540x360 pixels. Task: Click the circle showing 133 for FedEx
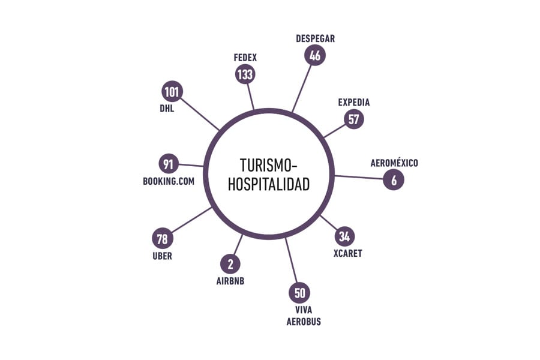(245, 74)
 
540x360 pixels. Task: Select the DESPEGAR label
(315, 38)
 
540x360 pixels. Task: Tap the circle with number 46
(315, 55)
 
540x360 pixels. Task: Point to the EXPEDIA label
(353, 103)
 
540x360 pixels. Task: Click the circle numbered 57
(353, 119)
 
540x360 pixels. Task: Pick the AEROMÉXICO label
(394, 163)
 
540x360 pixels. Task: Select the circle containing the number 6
(393, 179)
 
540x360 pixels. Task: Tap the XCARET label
(347, 253)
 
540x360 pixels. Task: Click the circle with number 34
(344, 236)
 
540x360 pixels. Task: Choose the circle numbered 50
(299, 293)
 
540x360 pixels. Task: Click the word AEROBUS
(304, 322)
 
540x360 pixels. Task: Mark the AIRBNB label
(230, 281)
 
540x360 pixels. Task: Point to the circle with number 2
(230, 264)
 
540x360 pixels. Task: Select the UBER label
(162, 256)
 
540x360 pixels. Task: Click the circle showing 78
(162, 238)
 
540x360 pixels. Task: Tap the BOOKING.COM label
(169, 181)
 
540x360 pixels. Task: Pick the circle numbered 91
(169, 164)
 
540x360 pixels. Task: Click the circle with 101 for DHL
(172, 92)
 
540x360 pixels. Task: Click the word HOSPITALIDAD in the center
(269, 184)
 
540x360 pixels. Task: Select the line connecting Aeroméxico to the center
(359, 177)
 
